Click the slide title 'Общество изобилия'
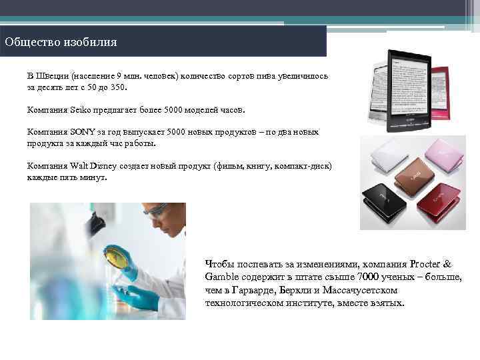[x=61, y=43]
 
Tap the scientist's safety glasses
[x=154, y=212]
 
